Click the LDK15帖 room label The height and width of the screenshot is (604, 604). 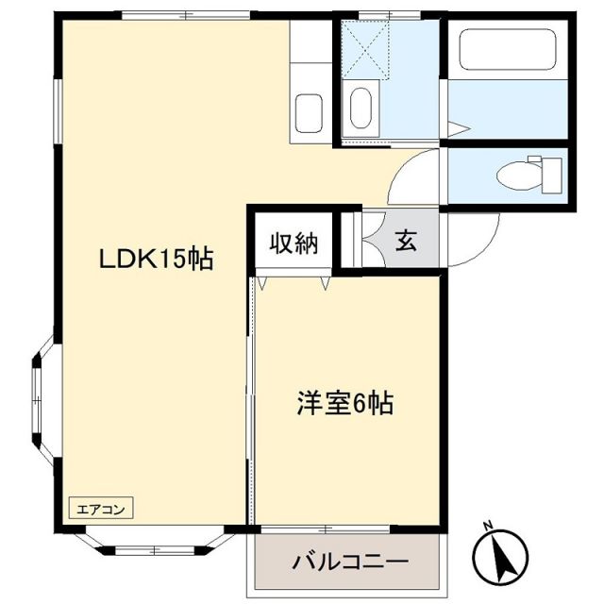click(x=158, y=258)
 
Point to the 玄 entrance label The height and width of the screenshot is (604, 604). click(x=406, y=242)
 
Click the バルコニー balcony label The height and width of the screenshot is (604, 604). click(x=350, y=563)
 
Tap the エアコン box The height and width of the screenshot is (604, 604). click(x=100, y=508)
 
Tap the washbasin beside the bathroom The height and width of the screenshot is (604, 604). click(x=361, y=109)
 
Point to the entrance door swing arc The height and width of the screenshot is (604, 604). click(x=469, y=239)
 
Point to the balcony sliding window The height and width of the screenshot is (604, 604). click(x=347, y=527)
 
